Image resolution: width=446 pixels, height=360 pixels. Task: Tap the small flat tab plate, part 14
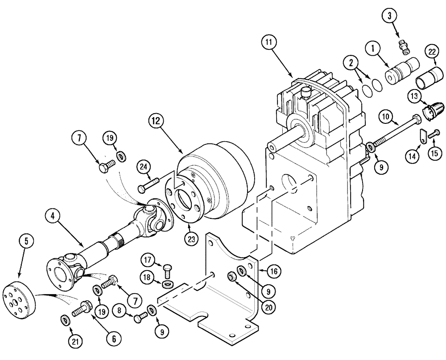[422, 135]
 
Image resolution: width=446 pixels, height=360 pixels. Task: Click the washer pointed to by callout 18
[168, 284]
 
